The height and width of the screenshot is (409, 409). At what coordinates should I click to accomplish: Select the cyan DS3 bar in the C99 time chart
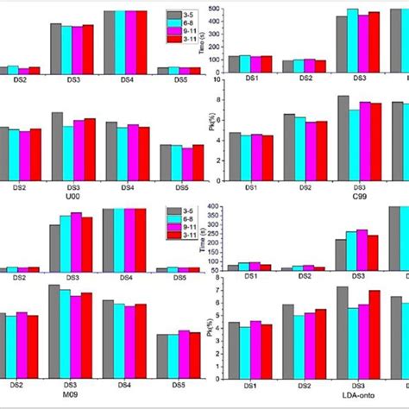click(353, 40)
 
